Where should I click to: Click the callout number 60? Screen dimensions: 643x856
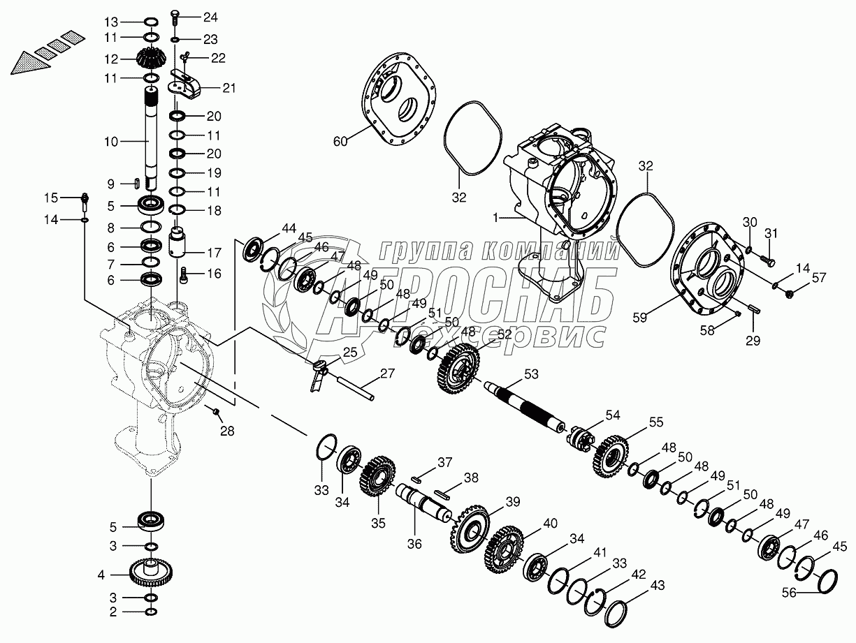coord(340,142)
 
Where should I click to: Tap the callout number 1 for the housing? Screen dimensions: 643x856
coord(495,218)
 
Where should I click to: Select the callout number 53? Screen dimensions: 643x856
coord(532,375)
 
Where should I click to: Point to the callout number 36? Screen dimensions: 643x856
coord(415,543)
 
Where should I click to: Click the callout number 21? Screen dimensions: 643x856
coord(228,88)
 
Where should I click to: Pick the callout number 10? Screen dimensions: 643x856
coord(111,142)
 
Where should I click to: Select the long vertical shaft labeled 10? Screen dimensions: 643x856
coord(152,136)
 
